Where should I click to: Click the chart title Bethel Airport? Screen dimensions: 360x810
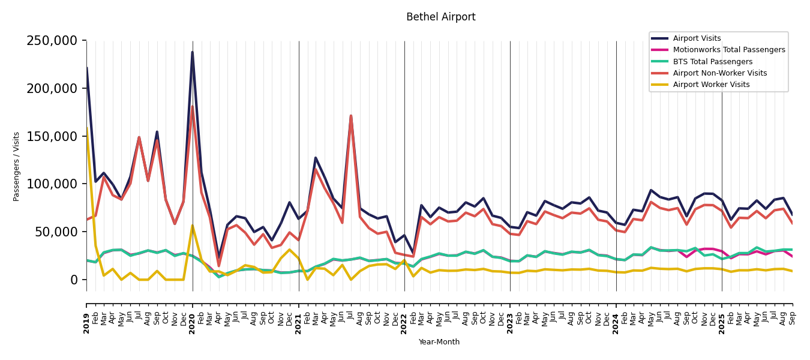coord(440,17)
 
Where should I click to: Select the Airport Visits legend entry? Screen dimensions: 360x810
coord(697,38)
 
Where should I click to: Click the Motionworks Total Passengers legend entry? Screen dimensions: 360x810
coord(728,50)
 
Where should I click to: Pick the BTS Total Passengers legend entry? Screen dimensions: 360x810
coord(712,62)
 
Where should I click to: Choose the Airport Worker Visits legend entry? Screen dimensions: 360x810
coord(711,85)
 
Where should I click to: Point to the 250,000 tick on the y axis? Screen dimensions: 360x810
coord(52,41)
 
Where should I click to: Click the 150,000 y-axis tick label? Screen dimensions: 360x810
coord(52,136)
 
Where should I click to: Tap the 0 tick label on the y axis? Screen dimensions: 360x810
coord(74,280)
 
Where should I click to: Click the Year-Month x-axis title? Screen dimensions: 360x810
coord(439,342)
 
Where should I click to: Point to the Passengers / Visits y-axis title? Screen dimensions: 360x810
coord(17,166)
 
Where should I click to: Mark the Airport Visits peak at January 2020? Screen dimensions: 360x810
coord(193,52)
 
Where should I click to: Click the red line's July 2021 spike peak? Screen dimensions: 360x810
coord(351,116)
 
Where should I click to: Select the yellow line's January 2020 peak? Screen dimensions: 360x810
coord(193,226)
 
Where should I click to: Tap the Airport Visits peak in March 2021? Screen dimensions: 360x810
coord(316,158)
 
